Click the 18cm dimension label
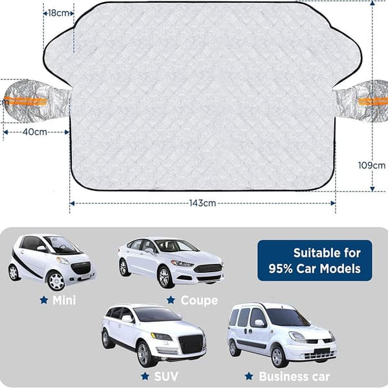coord(58,13)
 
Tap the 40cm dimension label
coord(35,132)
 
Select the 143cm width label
coord(202,203)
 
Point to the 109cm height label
coord(372,165)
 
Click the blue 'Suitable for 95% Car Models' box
coord(315,261)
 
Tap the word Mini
coord(64,300)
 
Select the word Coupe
coord(199,301)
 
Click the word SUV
coord(166,376)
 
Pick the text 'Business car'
coord(294,376)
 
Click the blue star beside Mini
coord(44,300)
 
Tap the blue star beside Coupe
coord(171,300)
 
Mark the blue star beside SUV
coord(145,376)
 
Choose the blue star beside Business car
coord(249,376)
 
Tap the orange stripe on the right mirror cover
coord(373,102)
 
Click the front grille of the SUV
coord(191,344)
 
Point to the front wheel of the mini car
coord(56,281)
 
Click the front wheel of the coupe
coord(164,277)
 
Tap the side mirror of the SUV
coord(127,318)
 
